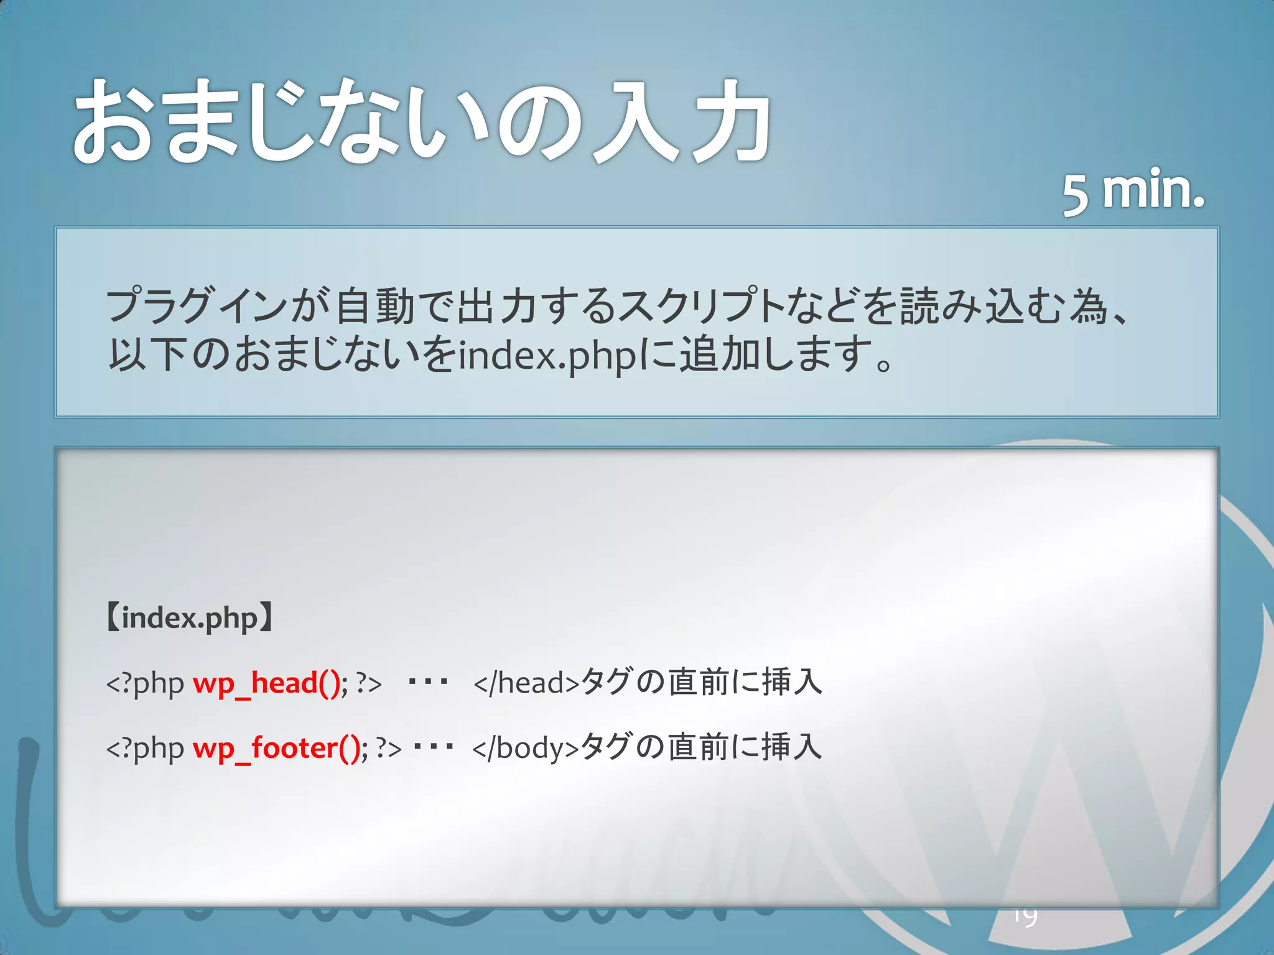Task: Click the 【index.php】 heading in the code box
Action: click(x=189, y=618)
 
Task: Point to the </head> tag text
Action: click(x=526, y=683)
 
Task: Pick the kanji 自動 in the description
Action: click(x=375, y=306)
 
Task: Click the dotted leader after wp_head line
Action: click(x=427, y=683)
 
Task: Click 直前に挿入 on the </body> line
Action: click(x=745, y=747)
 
